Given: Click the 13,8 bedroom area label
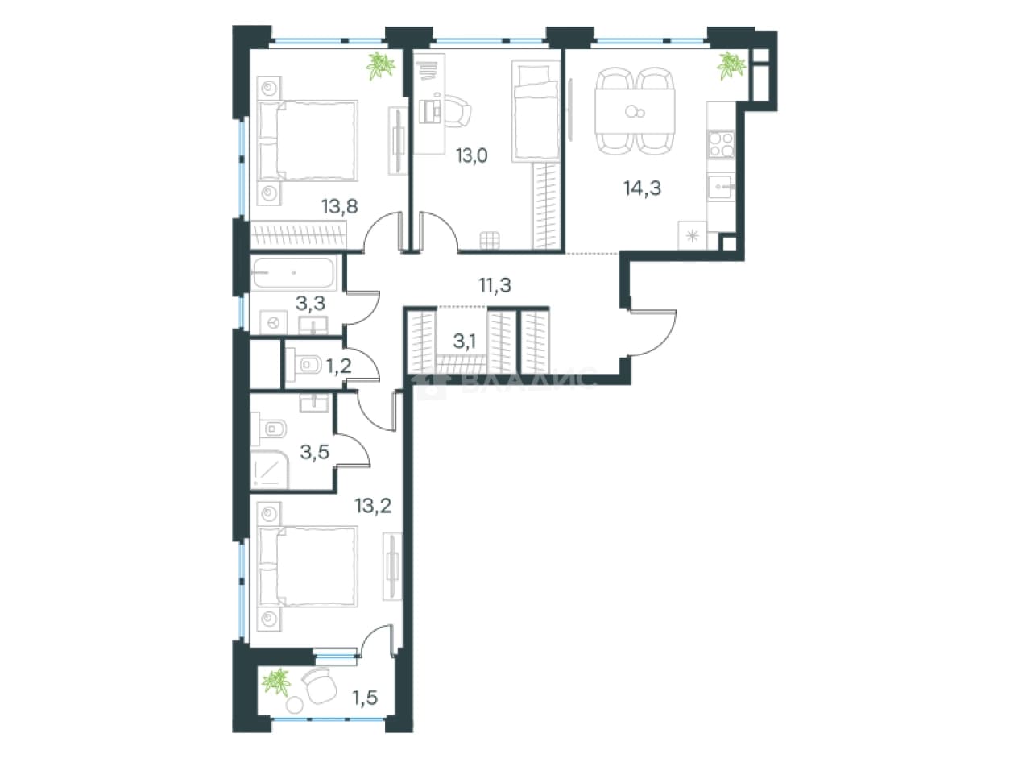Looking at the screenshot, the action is (x=340, y=207).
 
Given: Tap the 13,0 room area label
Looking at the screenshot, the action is (x=472, y=156).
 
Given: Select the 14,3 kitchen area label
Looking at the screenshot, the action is (x=642, y=188).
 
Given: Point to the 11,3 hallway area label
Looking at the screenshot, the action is (x=495, y=285).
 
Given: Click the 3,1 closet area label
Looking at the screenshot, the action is (x=465, y=342).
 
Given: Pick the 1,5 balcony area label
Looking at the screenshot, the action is (x=366, y=698).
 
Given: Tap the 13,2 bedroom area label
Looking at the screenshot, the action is (x=373, y=506).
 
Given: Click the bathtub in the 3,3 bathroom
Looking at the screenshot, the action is (x=293, y=273).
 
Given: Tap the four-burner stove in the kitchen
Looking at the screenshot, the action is (x=721, y=144).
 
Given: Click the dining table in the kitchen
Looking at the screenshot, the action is (x=635, y=111).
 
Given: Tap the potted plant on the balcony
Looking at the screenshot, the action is (x=276, y=682).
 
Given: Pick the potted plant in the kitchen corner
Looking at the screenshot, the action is (x=731, y=65).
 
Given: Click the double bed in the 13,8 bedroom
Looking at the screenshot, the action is (x=308, y=141).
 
